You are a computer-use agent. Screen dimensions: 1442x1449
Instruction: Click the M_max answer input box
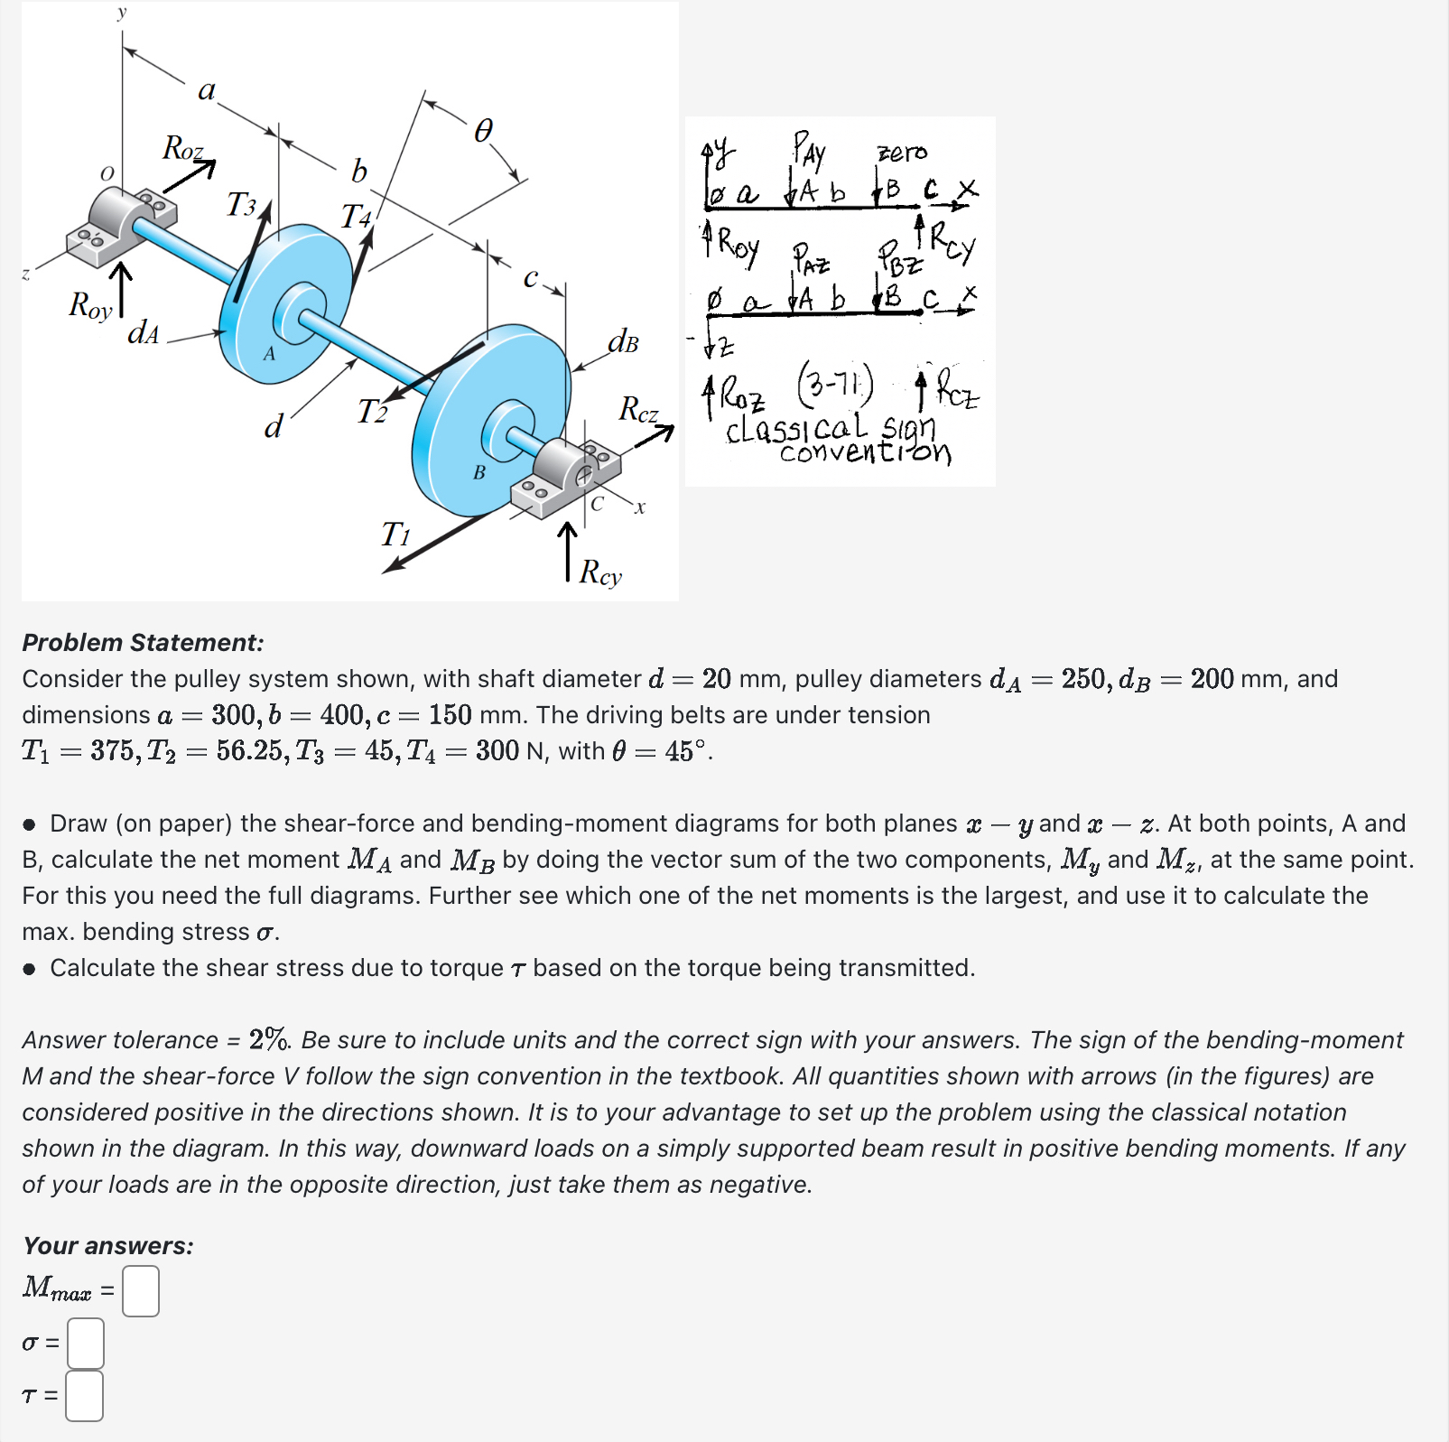point(141,1290)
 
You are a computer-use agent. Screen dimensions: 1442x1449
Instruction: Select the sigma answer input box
point(86,1343)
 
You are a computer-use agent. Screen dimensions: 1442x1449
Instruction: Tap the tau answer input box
point(85,1396)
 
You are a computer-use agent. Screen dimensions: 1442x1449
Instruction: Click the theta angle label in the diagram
point(484,132)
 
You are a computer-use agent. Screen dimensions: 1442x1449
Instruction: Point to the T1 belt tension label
point(395,535)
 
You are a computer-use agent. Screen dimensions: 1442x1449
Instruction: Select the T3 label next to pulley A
point(241,205)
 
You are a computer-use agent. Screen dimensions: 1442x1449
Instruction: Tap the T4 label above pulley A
point(356,217)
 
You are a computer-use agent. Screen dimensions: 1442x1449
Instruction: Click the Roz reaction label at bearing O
point(182,148)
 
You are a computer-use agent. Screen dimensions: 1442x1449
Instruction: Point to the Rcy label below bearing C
point(600,572)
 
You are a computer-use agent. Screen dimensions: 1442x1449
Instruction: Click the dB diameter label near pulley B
point(623,342)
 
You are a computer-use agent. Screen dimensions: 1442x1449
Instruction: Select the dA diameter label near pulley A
point(143,333)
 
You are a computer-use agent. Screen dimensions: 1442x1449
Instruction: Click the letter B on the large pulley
point(479,472)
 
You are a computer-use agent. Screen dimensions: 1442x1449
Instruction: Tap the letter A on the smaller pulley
point(269,354)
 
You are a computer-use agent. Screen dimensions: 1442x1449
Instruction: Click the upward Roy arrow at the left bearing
point(121,289)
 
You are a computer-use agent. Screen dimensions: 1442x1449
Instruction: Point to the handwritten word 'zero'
point(902,153)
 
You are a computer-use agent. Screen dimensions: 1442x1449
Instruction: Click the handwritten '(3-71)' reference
point(835,386)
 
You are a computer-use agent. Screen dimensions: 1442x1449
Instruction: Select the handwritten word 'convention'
point(864,452)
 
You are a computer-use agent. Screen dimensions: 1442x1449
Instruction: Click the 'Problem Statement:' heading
point(143,643)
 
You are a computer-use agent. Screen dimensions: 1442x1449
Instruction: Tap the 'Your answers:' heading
point(107,1246)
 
